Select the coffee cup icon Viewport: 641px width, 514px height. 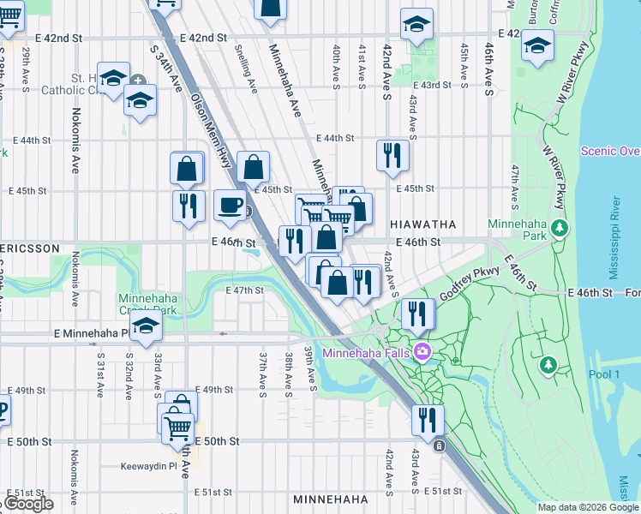(230, 206)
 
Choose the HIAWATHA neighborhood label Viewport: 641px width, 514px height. (422, 224)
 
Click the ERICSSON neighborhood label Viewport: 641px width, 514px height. (29, 248)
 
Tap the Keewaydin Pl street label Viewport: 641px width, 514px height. (149, 468)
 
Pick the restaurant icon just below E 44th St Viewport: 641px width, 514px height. (392, 157)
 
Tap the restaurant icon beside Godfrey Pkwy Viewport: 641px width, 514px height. (417, 314)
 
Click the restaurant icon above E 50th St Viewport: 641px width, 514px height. (427, 421)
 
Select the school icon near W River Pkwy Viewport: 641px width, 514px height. (537, 46)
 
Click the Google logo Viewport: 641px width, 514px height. (28, 504)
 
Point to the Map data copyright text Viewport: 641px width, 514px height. (588, 507)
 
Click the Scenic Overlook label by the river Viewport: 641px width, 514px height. (610, 151)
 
